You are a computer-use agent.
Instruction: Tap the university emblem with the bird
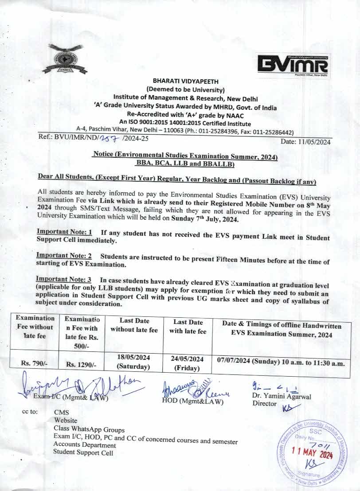pyautogui.click(x=66, y=58)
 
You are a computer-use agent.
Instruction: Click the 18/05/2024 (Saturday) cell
pyautogui.click(x=133, y=362)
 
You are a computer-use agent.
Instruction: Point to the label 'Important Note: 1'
pyautogui.click(x=64, y=232)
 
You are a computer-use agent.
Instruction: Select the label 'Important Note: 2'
pyautogui.click(x=64, y=256)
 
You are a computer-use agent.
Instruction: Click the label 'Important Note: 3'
pyautogui.click(x=63, y=280)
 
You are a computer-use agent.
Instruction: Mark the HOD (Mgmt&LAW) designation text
pyautogui.click(x=193, y=402)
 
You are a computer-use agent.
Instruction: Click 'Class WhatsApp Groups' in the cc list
pyautogui.click(x=89, y=429)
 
